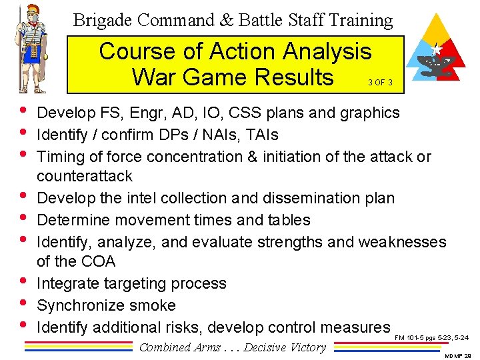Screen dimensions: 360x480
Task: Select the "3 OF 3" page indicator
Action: (x=379, y=83)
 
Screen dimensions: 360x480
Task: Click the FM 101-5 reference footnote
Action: (x=431, y=338)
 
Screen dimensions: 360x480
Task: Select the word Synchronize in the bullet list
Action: (x=78, y=305)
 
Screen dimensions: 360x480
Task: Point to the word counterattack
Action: (x=85, y=176)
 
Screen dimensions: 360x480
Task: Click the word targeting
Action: (x=139, y=283)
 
